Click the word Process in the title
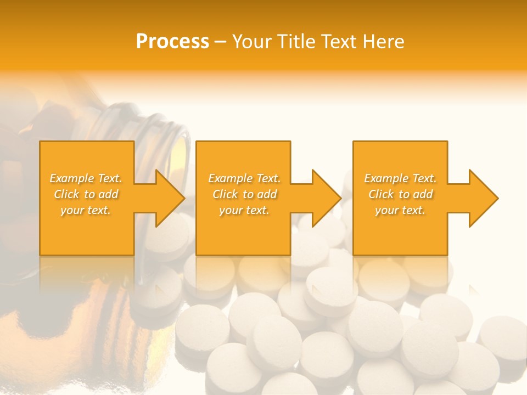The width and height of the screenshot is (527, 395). [x=172, y=42]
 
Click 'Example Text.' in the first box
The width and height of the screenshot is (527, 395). [x=86, y=178]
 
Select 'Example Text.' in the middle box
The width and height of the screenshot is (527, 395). [x=244, y=178]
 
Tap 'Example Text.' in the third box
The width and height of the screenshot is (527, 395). [x=400, y=178]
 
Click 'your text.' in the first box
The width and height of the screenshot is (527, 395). [x=86, y=210]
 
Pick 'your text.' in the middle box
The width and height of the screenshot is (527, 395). [x=244, y=210]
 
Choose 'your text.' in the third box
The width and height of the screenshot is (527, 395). [x=400, y=210]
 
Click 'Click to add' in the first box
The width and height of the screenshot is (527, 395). [x=86, y=194]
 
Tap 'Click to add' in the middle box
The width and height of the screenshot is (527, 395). [x=244, y=194]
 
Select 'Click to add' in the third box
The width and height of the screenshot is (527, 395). [x=400, y=194]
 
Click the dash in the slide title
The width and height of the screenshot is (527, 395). [x=220, y=42]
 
